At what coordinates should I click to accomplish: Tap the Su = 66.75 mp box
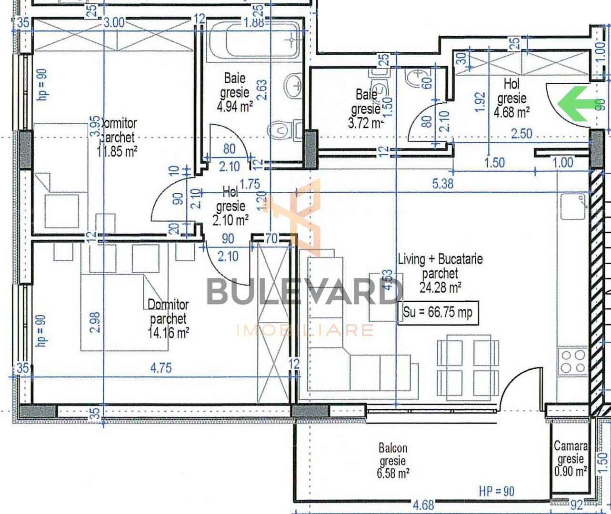437,313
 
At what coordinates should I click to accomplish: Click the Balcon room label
393,448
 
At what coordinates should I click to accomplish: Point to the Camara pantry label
571,446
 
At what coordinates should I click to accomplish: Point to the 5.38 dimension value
442,183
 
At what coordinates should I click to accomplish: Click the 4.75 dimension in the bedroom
161,368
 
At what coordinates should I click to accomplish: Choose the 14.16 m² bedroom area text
168,332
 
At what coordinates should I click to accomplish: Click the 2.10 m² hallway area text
230,220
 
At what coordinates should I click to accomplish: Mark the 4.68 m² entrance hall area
511,112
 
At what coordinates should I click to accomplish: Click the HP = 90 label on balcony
497,491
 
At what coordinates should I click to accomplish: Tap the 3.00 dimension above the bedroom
114,22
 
